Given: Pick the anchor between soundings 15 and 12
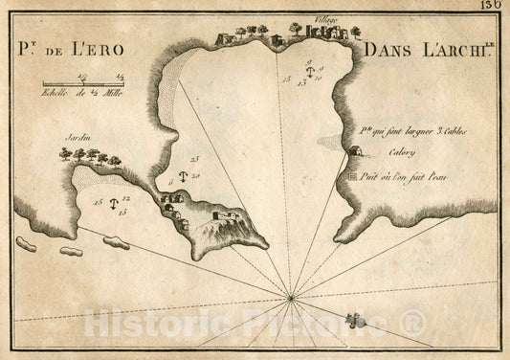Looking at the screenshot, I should (x=113, y=204).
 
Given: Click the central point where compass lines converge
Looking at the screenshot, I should (x=290, y=300).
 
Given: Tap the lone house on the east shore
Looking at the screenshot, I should (x=355, y=150).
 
